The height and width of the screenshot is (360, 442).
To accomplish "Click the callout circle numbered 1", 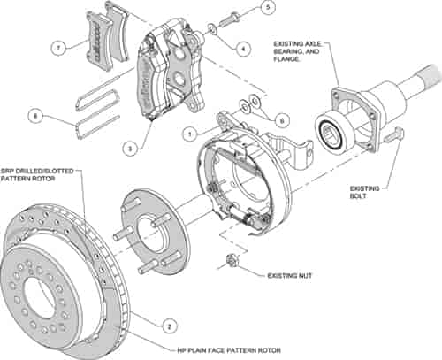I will [188, 134].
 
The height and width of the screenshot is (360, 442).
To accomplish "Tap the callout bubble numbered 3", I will [129, 149].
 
